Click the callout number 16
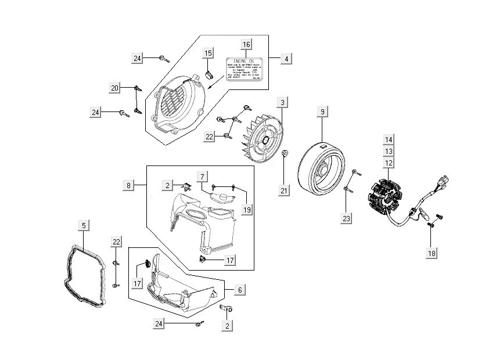[x=246, y=45]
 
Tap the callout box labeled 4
[x=286, y=59]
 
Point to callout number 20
[x=115, y=88]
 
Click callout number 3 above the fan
[x=282, y=103]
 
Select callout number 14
[x=389, y=140]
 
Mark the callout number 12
[x=389, y=163]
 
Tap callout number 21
[x=283, y=190]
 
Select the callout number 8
[x=129, y=185]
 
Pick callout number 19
[x=247, y=210]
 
